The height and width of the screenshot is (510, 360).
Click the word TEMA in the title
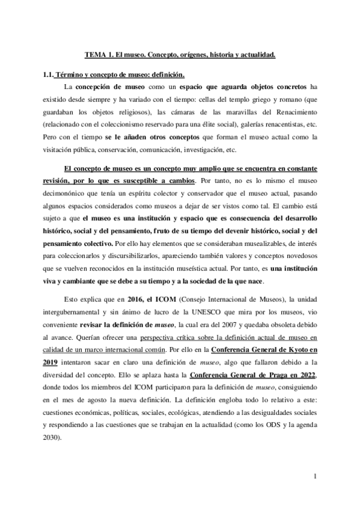pyautogui.click(x=95, y=55)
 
